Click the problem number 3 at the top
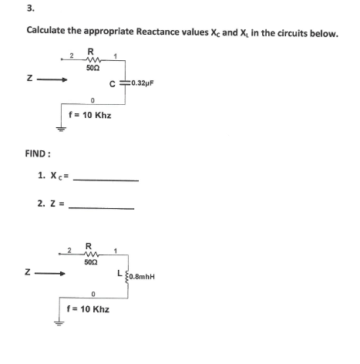[x=29, y=9]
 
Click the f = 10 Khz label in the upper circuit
[x=90, y=115]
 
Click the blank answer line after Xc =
[x=109, y=180]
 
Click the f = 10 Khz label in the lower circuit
[x=89, y=308]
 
